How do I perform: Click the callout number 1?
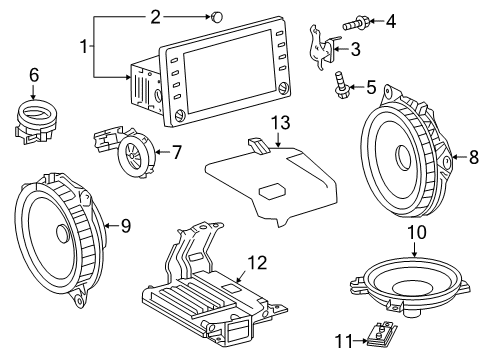[x=83, y=46]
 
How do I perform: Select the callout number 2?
[x=155, y=16]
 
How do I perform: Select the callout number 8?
[x=473, y=157]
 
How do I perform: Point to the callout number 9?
[x=126, y=226]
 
